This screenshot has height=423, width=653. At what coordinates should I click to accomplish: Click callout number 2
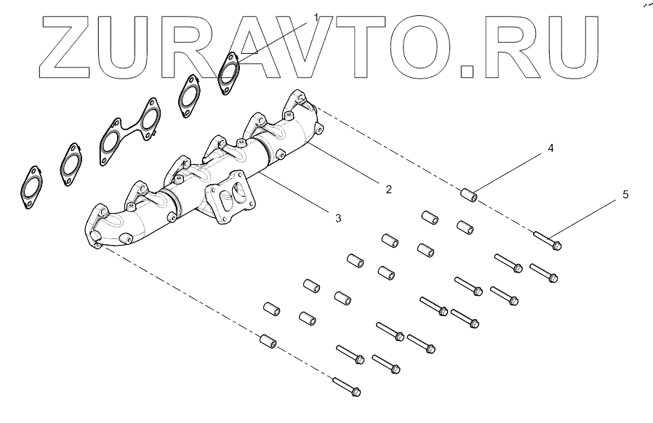[x=388, y=189]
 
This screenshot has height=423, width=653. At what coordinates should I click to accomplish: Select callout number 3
[x=337, y=217]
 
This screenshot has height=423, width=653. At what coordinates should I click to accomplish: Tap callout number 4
[x=550, y=148]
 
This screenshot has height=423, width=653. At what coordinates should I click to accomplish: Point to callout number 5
[x=625, y=195]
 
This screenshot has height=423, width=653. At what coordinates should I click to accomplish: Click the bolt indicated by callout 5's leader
[x=548, y=240]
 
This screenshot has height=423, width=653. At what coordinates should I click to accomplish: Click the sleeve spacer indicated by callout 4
[x=468, y=195]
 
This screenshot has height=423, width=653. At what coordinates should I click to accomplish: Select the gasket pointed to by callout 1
[x=231, y=71]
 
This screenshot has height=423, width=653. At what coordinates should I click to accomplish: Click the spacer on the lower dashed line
[x=268, y=340]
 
